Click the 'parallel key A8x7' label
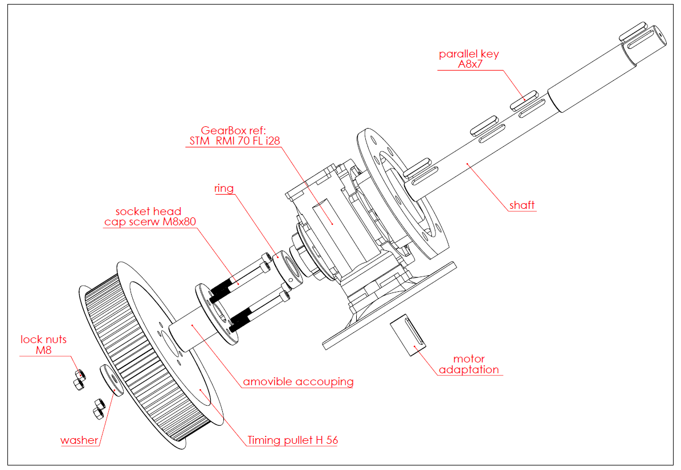(x=468, y=59)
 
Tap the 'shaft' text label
(x=522, y=205)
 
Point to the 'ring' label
(x=224, y=188)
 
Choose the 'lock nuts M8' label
(x=43, y=345)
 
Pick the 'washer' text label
(x=79, y=440)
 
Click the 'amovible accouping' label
(x=298, y=381)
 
